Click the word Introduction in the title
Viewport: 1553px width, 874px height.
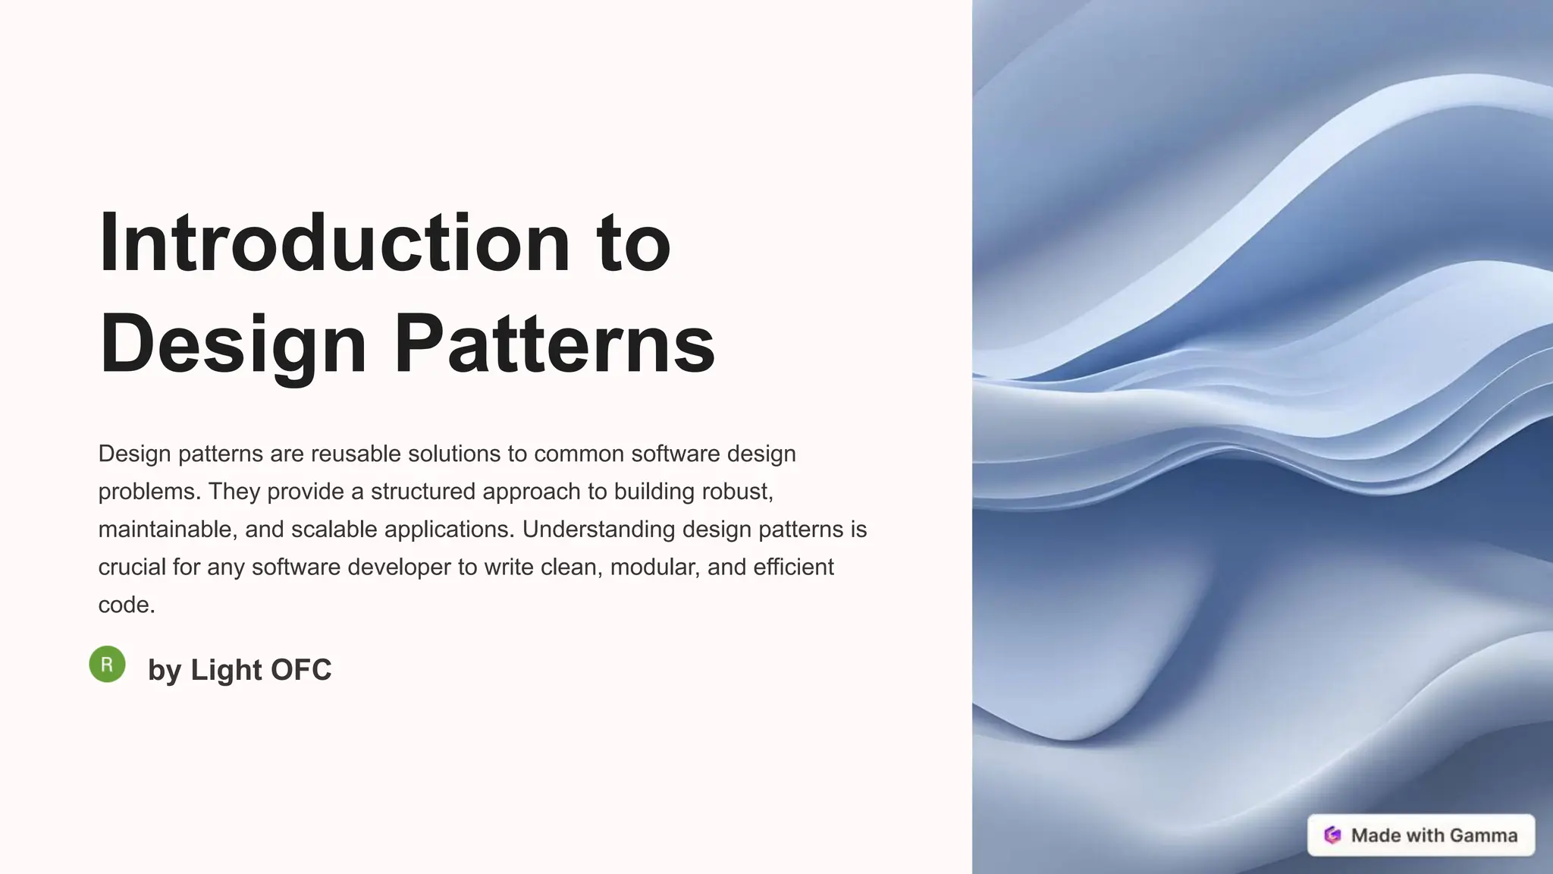(x=334, y=243)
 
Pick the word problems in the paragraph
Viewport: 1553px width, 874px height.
(x=147, y=492)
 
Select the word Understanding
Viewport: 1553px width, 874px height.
(x=598, y=530)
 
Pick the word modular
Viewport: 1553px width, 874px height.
(x=655, y=567)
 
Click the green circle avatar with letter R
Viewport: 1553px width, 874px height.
(x=107, y=665)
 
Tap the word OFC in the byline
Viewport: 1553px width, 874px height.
(x=301, y=670)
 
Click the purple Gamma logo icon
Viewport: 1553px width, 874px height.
(x=1332, y=835)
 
